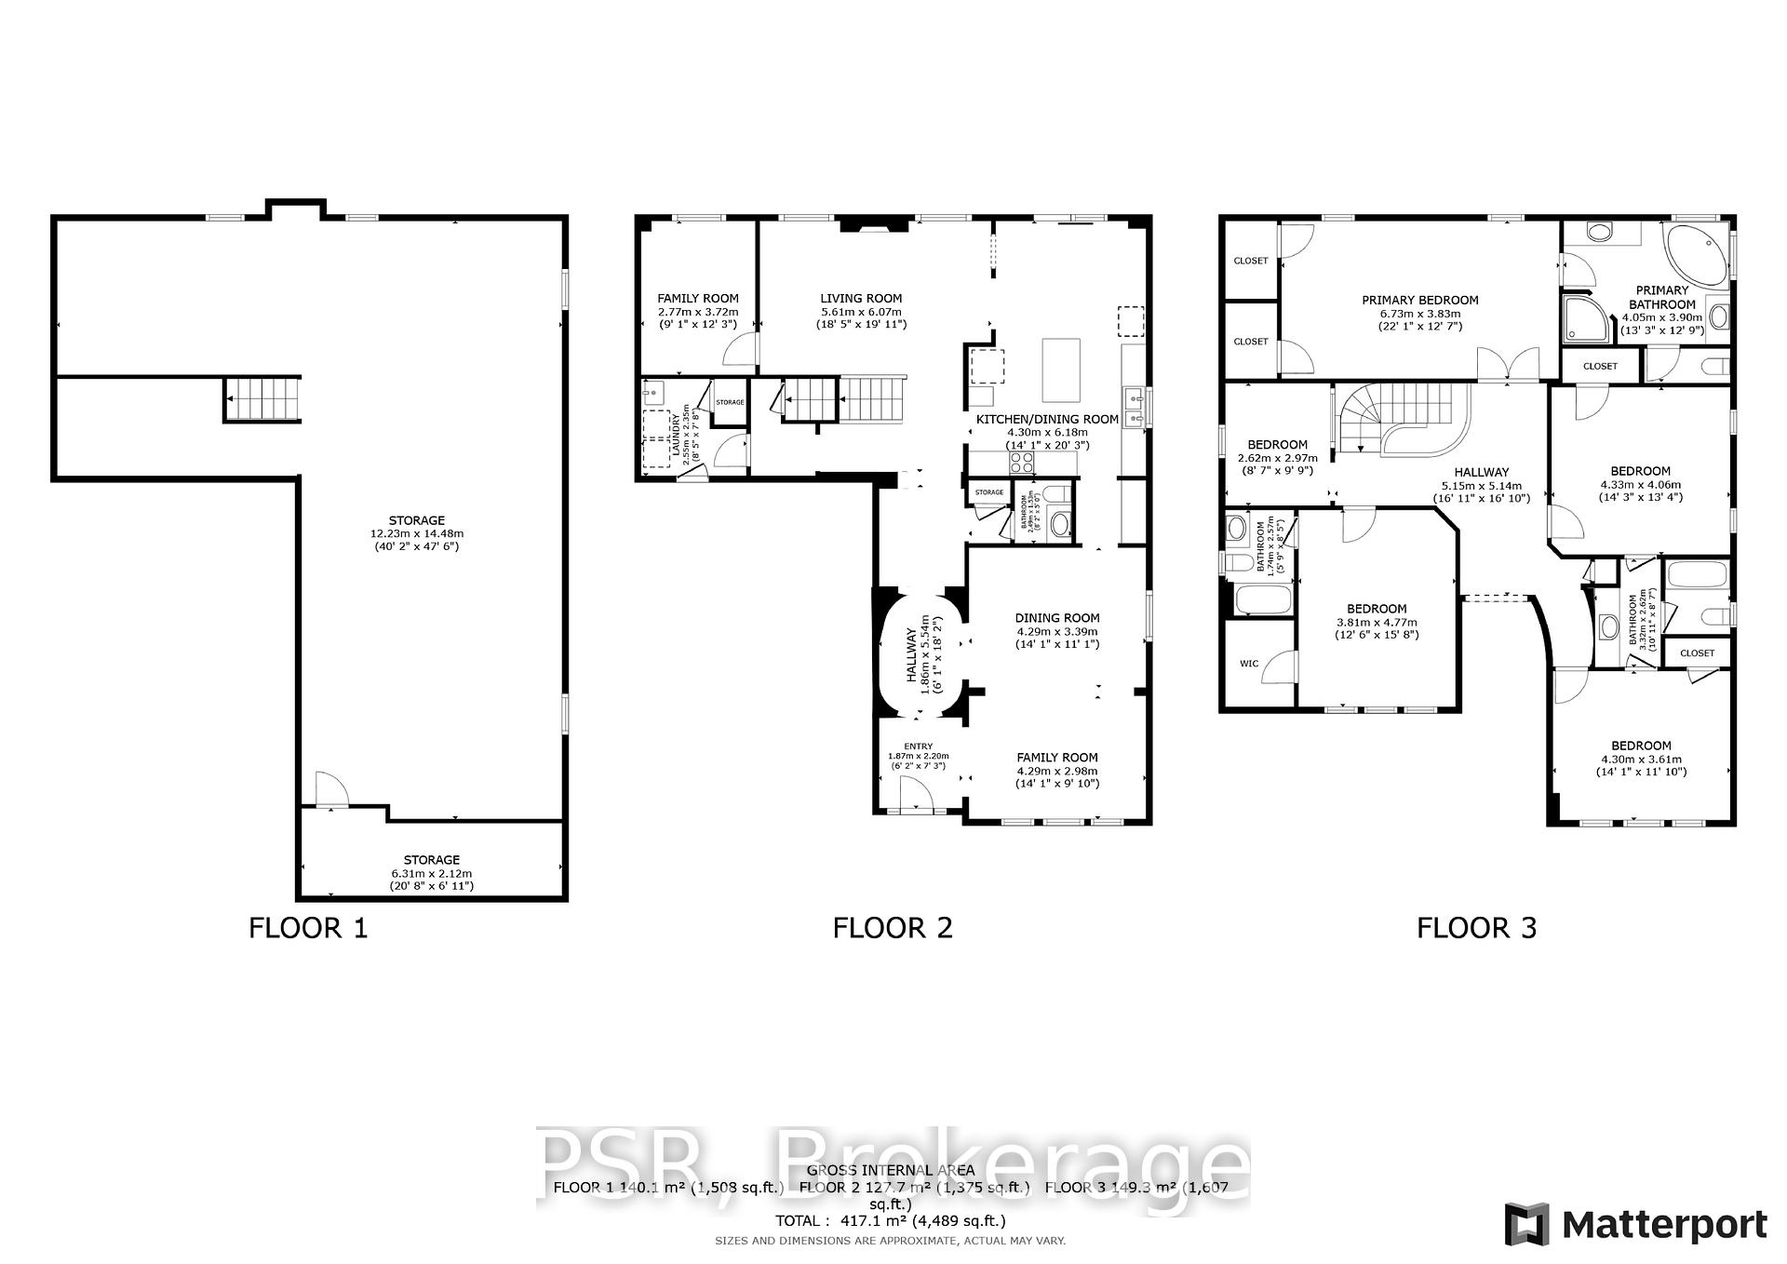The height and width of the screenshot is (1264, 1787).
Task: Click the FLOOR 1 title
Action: pyautogui.click(x=308, y=928)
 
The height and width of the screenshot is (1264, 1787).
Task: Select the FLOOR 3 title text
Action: pyautogui.click(x=1476, y=928)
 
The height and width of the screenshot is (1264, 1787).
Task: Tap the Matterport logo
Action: pyautogui.click(x=1635, y=1224)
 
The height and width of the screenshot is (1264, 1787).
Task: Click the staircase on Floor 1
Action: pyautogui.click(x=263, y=399)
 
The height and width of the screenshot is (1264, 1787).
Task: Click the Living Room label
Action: pyautogui.click(x=861, y=299)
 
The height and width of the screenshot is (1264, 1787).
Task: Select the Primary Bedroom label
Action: pyautogui.click(x=1419, y=301)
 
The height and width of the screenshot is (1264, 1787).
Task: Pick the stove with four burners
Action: pyautogui.click(x=1021, y=463)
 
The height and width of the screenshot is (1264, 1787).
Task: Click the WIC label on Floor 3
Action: pyautogui.click(x=1248, y=664)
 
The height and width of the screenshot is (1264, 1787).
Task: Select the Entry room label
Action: pyautogui.click(x=918, y=746)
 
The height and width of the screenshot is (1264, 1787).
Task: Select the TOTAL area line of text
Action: pyautogui.click(x=891, y=1220)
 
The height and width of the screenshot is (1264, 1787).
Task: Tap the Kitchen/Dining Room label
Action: pyautogui.click(x=1047, y=420)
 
